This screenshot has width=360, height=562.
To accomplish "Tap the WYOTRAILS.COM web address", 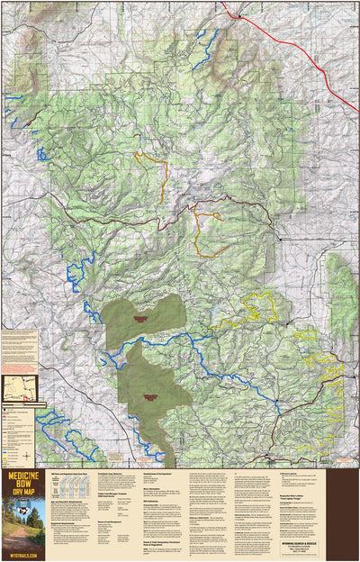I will [18, 556].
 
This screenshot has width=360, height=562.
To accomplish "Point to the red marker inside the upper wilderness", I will [139, 318].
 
